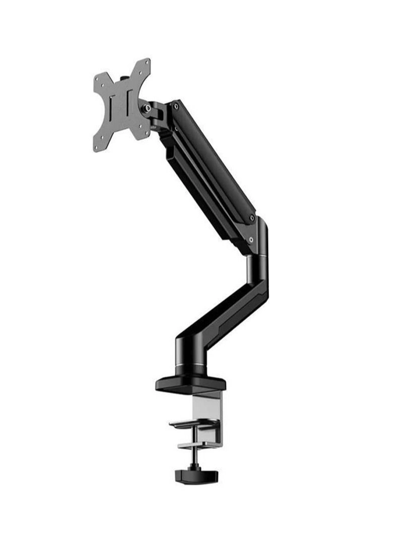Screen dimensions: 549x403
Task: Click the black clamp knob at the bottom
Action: pyautogui.click(x=189, y=475)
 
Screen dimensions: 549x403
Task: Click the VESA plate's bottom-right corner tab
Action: pyautogui.click(x=146, y=132)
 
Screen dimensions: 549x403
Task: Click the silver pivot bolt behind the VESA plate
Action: pyautogui.click(x=147, y=108)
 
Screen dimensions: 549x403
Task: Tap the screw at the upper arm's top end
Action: pyautogui.click(x=175, y=106)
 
